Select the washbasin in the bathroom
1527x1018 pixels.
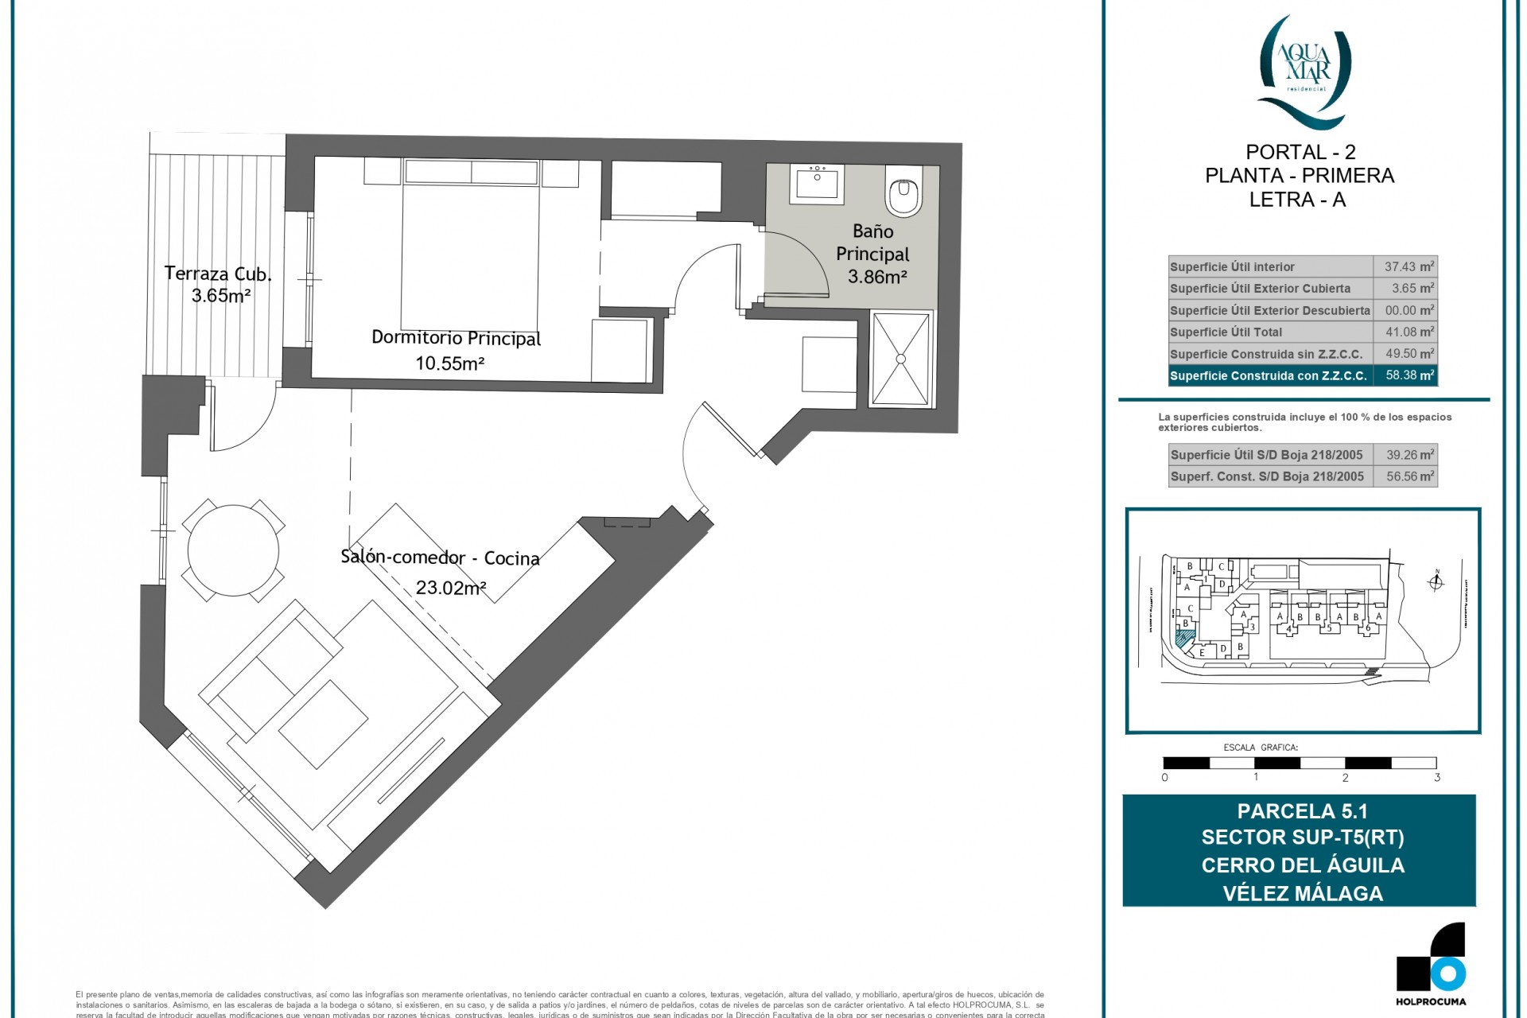pos(818,185)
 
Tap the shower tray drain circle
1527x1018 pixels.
pos(900,359)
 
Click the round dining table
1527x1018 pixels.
pos(233,550)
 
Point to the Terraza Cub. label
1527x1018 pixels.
pos(218,274)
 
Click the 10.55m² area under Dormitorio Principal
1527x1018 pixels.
pos(449,363)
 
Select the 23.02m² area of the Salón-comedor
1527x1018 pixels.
pos(451,589)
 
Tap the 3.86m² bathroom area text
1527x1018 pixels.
pos(877,277)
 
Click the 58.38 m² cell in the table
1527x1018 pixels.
pos(1408,375)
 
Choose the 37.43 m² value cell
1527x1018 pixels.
pos(1408,267)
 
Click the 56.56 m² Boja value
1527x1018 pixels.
pos(1408,476)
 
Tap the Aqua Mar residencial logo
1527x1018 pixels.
pos(1304,72)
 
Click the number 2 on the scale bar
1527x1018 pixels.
pos(1346,777)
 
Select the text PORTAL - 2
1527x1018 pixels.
pos(1300,152)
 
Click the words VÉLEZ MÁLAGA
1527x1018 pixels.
pos(1303,893)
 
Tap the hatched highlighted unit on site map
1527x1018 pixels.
pos(1184,638)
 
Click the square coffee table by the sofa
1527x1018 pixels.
pos(323,724)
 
